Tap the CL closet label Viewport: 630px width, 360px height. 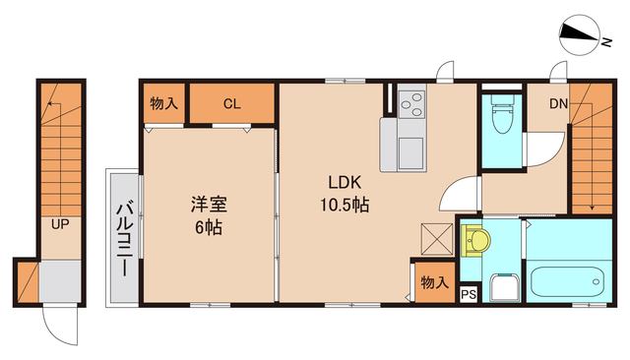click(x=231, y=103)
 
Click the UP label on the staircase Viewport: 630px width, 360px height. click(x=60, y=224)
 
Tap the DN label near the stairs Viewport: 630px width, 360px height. click(x=557, y=102)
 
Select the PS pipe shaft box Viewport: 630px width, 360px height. click(x=468, y=292)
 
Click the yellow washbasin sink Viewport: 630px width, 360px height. click(x=476, y=240)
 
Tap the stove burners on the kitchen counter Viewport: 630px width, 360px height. click(x=409, y=101)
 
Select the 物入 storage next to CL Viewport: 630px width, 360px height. click(x=164, y=103)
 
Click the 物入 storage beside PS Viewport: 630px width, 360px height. click(x=433, y=282)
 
